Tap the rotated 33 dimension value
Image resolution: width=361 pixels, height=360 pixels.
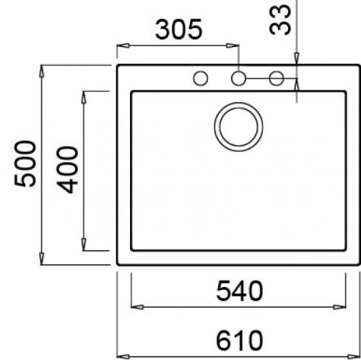pyautogui.click(x=282, y=19)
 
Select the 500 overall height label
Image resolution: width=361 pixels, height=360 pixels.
pyautogui.click(x=26, y=164)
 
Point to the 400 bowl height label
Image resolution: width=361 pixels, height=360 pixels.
pyautogui.click(x=68, y=169)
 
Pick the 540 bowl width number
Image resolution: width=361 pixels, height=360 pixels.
pyautogui.click(x=239, y=291)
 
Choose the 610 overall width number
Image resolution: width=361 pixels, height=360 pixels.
pyautogui.click(x=238, y=338)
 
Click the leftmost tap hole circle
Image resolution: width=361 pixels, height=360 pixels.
pyautogui.click(x=200, y=77)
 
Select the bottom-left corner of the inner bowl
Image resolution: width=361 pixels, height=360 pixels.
pyautogui.click(x=131, y=251)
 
